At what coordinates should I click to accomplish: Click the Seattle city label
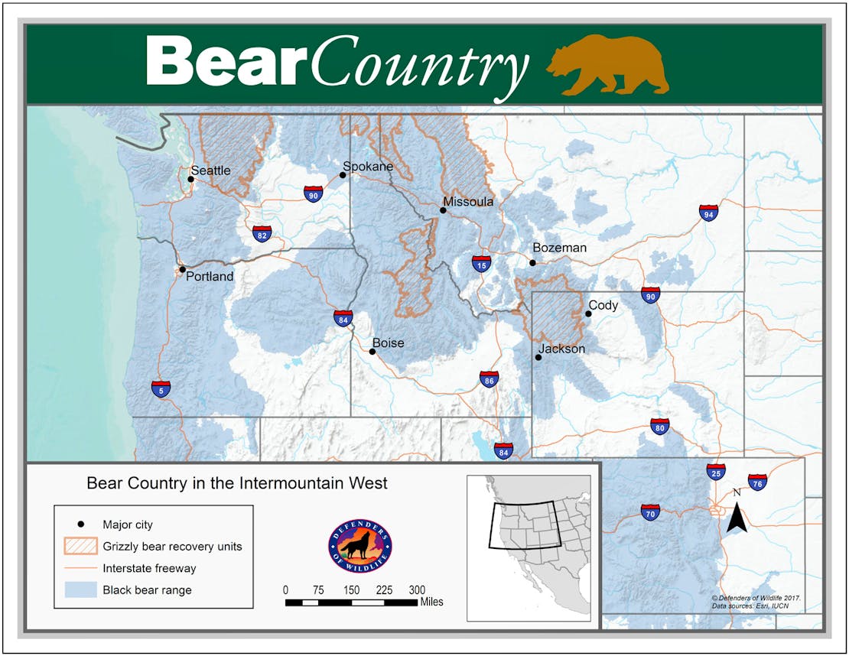pos(210,170)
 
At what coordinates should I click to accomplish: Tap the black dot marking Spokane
pos(343,175)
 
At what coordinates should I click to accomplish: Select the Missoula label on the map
pos(468,202)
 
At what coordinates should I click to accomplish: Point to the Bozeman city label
pos(559,248)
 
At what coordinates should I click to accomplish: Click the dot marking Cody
pos(588,313)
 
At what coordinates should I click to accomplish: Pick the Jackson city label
pos(562,349)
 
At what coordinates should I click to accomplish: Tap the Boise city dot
pos(372,352)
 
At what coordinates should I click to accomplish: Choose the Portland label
pos(210,277)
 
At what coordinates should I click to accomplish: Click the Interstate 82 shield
pos(262,232)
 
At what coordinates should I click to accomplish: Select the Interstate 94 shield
pos(708,213)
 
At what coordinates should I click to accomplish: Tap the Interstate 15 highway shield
pos(481,265)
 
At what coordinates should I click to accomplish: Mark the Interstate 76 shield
pos(757,482)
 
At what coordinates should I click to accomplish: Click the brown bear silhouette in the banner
pos(608,65)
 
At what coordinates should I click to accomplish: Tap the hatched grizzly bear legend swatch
pos(80,547)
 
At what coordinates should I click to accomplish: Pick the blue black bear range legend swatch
pos(80,589)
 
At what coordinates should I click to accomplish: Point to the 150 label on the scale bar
pos(351,589)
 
